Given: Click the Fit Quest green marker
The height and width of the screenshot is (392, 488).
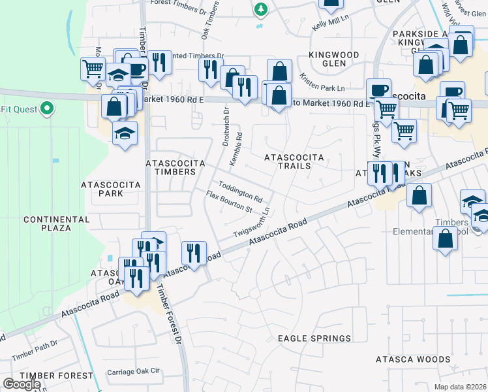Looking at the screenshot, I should pos(46,108).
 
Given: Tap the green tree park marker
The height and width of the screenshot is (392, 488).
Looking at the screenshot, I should pos(261,9).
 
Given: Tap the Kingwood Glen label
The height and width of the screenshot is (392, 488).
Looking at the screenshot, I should pos(333,59).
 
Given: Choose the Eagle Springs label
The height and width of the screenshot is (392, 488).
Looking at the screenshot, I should pos(314,338).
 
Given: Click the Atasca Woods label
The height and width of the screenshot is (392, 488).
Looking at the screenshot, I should pos(413,359).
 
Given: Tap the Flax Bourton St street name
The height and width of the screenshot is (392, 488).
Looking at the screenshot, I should pos(229,202).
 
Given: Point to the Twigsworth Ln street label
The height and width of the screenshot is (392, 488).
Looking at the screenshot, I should pos(252,224).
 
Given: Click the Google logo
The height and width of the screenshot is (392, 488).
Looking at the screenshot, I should pos(22,384).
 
